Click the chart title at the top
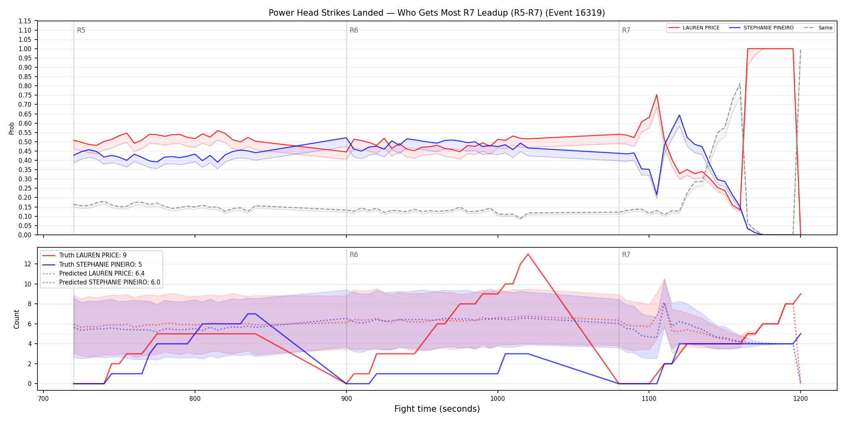click(437, 13)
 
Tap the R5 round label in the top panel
click(81, 30)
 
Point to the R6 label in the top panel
click(354, 30)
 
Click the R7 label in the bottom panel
click(626, 255)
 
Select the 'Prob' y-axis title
click(12, 128)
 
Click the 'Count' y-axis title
click(17, 319)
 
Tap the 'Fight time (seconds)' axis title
click(437, 409)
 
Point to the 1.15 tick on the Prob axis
click(25, 21)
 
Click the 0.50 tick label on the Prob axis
click(25, 142)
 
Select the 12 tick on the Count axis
click(27, 264)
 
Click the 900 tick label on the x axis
click(346, 399)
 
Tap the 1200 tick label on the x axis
click(800, 399)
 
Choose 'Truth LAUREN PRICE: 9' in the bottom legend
click(93, 255)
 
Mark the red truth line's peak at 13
click(528, 254)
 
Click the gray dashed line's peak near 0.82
click(740, 83)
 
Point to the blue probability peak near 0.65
click(679, 115)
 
